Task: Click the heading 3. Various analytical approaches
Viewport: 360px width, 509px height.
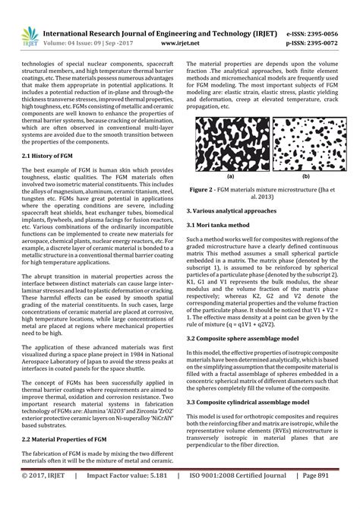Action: [238, 207]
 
